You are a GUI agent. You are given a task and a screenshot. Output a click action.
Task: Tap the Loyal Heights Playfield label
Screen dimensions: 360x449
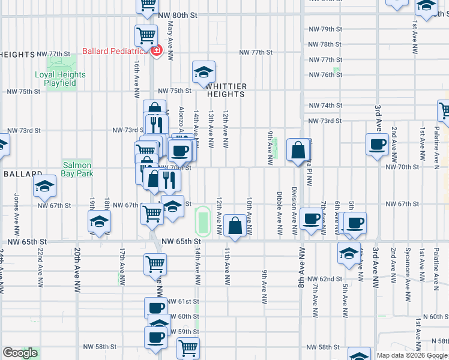[60, 79]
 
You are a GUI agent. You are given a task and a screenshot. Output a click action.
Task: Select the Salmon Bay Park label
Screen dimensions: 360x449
[76, 169]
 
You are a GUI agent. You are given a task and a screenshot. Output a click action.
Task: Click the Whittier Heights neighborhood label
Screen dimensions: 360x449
[226, 90]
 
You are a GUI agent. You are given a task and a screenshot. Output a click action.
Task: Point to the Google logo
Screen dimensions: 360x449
[20, 353]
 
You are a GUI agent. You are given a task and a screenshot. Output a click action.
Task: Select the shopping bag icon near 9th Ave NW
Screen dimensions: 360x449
[298, 150]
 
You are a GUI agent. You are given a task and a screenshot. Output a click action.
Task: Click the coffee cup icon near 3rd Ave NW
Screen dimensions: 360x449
[378, 145]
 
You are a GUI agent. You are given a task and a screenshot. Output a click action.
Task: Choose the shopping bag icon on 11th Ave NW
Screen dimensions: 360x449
[236, 226]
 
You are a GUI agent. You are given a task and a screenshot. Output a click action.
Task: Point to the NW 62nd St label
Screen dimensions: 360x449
[324, 279]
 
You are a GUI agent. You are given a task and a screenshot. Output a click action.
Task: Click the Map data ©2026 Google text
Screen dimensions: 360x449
[412, 355]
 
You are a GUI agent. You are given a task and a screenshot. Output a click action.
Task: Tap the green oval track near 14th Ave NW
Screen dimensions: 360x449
[202, 221]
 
